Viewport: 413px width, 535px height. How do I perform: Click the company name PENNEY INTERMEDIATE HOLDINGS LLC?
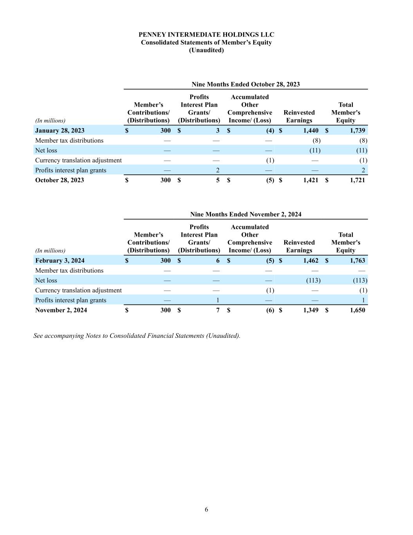click(x=206, y=35)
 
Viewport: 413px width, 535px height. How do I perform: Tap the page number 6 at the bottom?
click(x=206, y=510)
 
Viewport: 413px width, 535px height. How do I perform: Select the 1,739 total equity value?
click(x=357, y=131)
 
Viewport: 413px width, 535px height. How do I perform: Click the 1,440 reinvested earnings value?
click(x=311, y=131)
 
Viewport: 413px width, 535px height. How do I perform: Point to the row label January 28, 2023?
click(x=60, y=131)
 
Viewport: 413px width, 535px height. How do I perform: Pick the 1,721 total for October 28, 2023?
click(x=357, y=180)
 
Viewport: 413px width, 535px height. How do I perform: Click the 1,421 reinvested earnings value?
click(x=311, y=180)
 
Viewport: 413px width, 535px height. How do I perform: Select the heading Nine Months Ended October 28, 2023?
click(x=245, y=84)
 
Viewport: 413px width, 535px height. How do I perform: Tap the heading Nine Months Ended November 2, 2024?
click(x=245, y=214)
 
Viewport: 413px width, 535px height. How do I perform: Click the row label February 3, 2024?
click(x=60, y=261)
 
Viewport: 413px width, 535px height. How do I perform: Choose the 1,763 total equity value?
click(x=357, y=261)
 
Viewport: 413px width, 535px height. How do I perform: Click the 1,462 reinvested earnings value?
click(x=311, y=261)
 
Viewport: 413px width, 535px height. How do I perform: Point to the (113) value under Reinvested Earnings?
click(x=313, y=280)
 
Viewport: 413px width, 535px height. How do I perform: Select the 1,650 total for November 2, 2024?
click(x=357, y=310)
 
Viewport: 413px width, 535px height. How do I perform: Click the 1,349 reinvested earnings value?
click(x=311, y=310)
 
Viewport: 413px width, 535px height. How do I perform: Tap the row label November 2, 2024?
click(x=61, y=310)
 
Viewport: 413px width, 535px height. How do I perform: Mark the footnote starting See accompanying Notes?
click(x=137, y=336)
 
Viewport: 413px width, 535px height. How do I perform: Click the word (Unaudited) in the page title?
click(x=206, y=50)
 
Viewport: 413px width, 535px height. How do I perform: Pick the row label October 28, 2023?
click(x=60, y=180)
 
